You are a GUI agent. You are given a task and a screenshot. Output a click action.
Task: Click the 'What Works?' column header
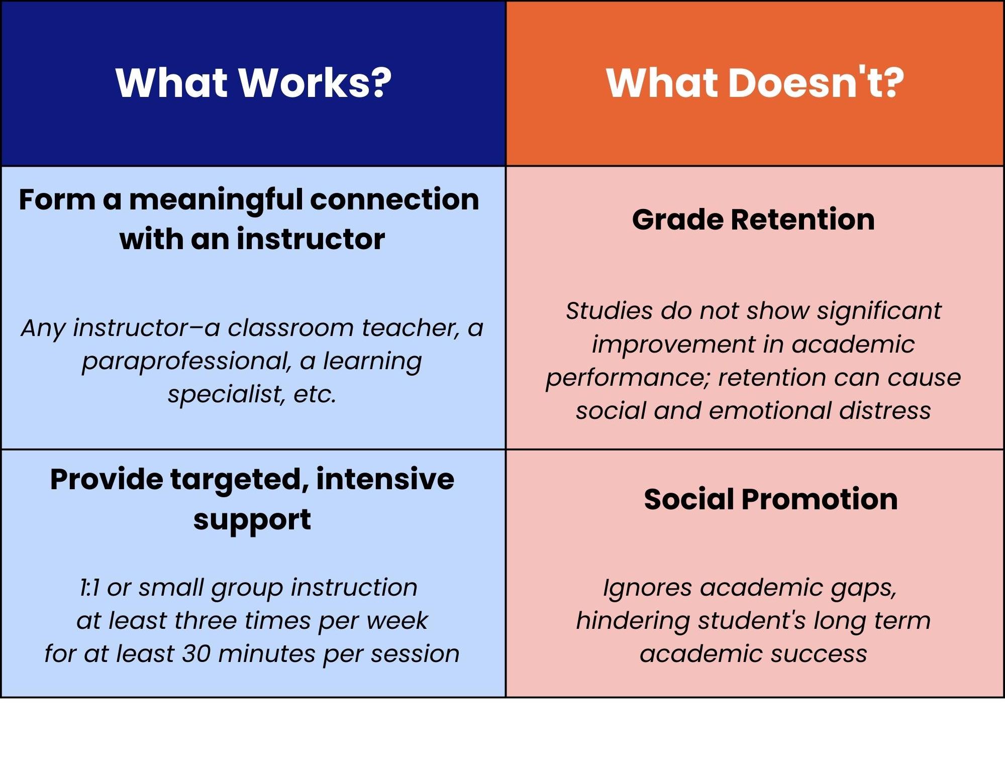click(x=253, y=83)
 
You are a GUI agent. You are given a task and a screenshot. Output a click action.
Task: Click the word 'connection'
click(x=394, y=199)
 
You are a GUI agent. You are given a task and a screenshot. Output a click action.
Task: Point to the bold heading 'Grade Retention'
click(x=753, y=219)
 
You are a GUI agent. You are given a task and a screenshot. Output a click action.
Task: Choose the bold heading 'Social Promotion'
click(x=771, y=499)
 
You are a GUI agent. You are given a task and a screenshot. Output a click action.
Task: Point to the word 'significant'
click(x=879, y=311)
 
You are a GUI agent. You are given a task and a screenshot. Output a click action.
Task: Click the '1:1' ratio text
click(x=90, y=588)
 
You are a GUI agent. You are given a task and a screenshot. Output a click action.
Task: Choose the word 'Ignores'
click(x=647, y=588)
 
